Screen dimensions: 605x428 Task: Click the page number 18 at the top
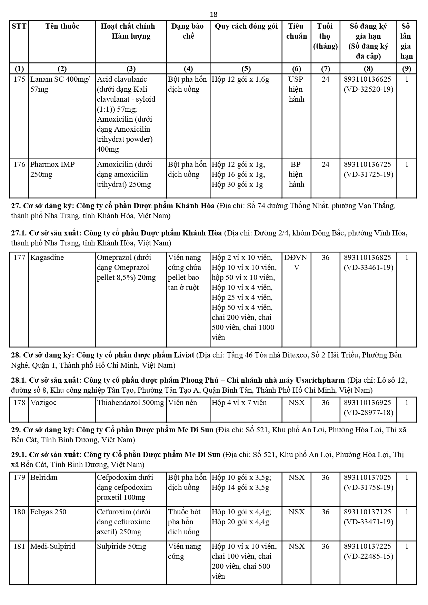click(x=213, y=14)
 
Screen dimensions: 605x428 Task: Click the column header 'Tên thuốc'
click(x=62, y=26)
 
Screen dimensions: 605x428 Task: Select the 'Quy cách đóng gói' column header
click(x=246, y=26)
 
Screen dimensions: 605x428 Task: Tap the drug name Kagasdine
click(x=47, y=258)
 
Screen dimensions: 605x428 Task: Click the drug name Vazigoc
click(x=43, y=403)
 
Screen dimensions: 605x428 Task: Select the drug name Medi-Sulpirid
click(x=53, y=546)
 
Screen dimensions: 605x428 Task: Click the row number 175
click(x=19, y=79)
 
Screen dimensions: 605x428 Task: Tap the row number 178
click(x=19, y=403)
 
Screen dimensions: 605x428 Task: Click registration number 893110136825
click(x=368, y=258)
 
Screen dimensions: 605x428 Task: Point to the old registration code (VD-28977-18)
click(x=368, y=413)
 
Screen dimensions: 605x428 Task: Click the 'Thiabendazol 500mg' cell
click(x=130, y=403)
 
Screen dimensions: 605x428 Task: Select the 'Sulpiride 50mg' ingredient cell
click(x=121, y=546)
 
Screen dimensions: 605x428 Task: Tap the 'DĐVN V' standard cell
click(x=296, y=262)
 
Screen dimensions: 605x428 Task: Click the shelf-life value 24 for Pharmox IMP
click(x=325, y=164)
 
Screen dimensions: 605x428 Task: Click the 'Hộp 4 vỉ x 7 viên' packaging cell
click(x=239, y=403)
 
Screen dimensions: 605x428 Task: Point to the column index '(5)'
click(x=246, y=68)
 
